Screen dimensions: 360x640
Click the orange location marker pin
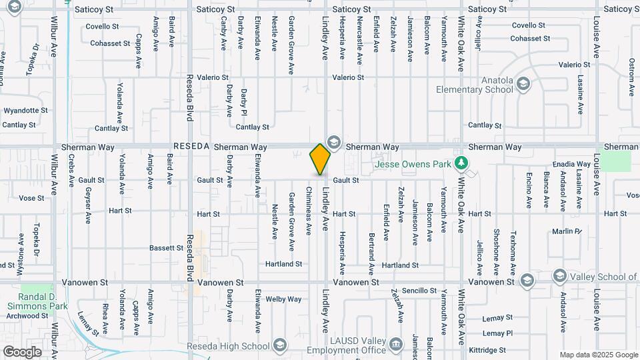tap(320, 159)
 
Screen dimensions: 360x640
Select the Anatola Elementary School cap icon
tap(523, 83)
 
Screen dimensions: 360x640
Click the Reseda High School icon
tap(279, 345)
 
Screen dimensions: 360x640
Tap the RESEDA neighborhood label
tap(192, 146)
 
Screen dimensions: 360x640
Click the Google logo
tap(22, 351)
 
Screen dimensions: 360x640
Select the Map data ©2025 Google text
tap(598, 355)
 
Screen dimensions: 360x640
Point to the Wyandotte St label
tap(25, 110)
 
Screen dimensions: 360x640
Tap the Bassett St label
tap(166, 248)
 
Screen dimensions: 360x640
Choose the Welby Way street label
tap(284, 299)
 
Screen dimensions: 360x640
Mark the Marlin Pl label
tap(567, 232)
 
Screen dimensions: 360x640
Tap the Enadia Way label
tap(572, 164)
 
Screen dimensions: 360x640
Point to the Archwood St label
tap(25, 315)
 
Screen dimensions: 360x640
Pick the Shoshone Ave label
tap(496, 252)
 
